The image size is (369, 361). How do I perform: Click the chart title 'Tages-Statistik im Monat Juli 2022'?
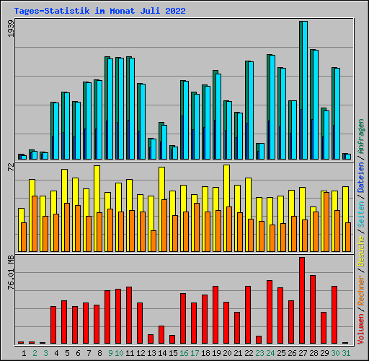point(99,11)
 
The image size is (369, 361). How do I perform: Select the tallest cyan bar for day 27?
point(303,90)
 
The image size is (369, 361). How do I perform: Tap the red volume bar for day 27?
point(302,300)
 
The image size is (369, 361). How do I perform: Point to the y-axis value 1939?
point(10,30)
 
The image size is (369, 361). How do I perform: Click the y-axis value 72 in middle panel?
point(10,168)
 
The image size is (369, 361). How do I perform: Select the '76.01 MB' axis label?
point(10,273)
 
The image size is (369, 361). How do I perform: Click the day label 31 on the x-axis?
point(346,353)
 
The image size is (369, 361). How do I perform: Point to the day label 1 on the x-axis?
point(25,353)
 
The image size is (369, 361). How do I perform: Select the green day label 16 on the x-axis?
point(184,353)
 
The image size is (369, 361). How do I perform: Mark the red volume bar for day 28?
point(313,309)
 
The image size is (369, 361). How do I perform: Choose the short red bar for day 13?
point(151,339)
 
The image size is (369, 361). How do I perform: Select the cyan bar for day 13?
point(153,149)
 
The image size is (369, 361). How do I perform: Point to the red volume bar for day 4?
point(53,325)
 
